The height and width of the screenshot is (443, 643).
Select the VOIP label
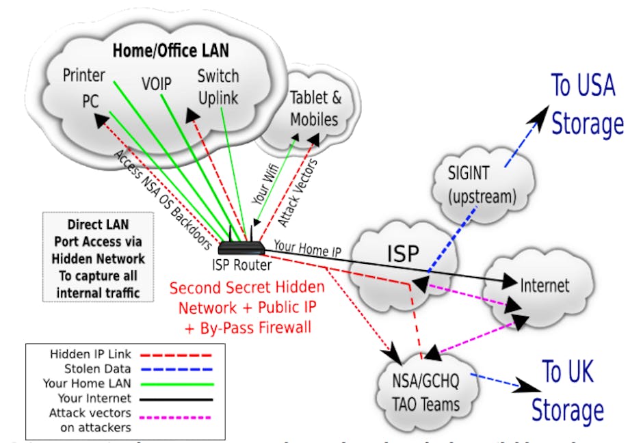pyautogui.click(x=156, y=83)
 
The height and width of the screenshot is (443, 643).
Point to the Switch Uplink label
pyautogui.click(x=218, y=87)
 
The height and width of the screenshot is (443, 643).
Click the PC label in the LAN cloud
pyautogui.click(x=90, y=101)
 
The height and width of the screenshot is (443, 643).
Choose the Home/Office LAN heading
pyautogui.click(x=171, y=50)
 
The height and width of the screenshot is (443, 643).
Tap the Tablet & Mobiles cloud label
pyautogui.click(x=315, y=108)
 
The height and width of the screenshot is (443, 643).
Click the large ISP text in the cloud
pyautogui.click(x=402, y=254)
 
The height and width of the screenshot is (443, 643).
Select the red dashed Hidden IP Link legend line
pyautogui.click(x=180, y=355)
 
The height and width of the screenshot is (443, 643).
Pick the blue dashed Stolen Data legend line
pyautogui.click(x=180, y=369)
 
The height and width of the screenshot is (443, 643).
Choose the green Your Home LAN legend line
pyautogui.click(x=180, y=384)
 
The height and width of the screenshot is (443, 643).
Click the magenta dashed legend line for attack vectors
pyautogui.click(x=180, y=416)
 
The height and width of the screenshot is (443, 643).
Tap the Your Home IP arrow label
pyautogui.click(x=306, y=247)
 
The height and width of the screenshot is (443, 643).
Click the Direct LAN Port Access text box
pyautogui.click(x=96, y=258)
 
